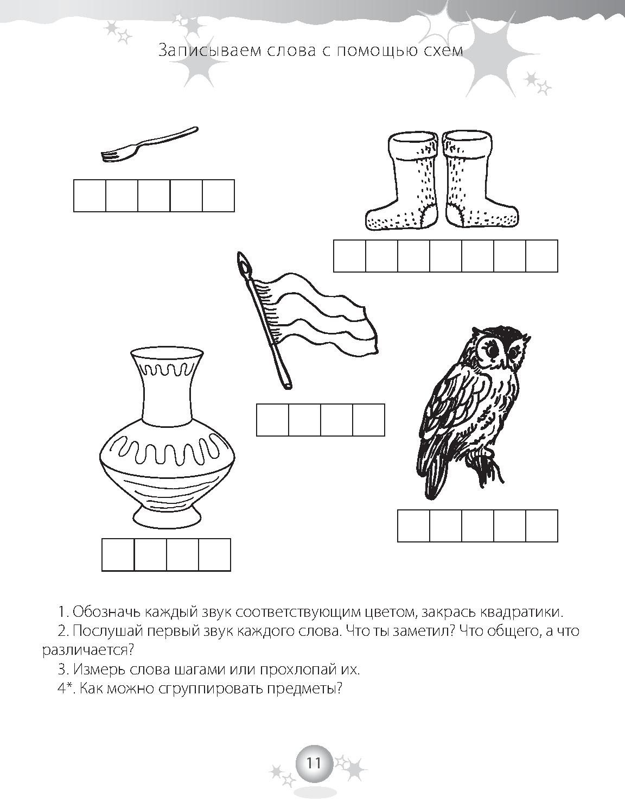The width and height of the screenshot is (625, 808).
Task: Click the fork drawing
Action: coord(149,145)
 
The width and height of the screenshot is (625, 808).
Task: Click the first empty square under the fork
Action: coord(90,195)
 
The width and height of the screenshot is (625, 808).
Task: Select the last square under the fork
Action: coord(218,195)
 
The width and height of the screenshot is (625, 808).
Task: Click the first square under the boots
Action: coord(349,256)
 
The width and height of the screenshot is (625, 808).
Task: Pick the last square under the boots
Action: coord(542,256)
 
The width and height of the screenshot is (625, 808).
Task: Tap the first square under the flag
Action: coord(272,420)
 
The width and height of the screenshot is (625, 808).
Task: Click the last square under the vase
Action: coord(215,555)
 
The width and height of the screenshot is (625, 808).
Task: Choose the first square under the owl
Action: coord(414,526)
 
